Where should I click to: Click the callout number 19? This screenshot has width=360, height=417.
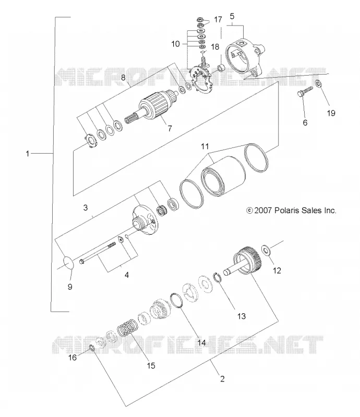pyautogui.click(x=331, y=113)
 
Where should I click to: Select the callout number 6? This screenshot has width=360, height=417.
pyautogui.click(x=305, y=122)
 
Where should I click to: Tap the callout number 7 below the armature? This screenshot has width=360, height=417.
pyautogui.click(x=170, y=129)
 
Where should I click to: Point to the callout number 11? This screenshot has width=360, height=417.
pyautogui.click(x=205, y=146)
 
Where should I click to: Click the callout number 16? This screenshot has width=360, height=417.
pyautogui.click(x=73, y=358)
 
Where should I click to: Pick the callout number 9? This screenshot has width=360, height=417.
pyautogui.click(x=70, y=287)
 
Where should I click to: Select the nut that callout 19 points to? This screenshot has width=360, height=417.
pyautogui.click(x=318, y=84)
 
